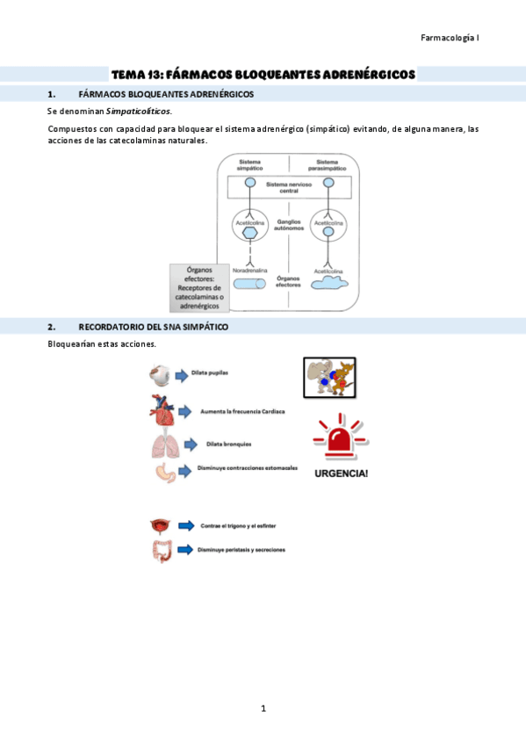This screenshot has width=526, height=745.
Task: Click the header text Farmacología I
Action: [450, 38]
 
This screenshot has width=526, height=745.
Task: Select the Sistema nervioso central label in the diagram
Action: [289, 187]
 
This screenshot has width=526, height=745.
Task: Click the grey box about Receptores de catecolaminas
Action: [198, 288]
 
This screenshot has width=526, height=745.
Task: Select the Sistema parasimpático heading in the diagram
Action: [327, 165]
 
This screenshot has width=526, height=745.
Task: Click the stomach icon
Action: [165, 472]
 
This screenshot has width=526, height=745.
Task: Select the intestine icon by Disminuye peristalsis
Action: [161, 551]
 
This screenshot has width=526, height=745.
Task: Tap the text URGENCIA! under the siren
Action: [341, 474]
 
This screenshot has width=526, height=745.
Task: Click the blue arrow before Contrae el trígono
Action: [185, 525]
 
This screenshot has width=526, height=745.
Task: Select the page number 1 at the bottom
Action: [263, 708]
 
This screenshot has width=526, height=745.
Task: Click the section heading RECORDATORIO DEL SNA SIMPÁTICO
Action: [153, 327]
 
